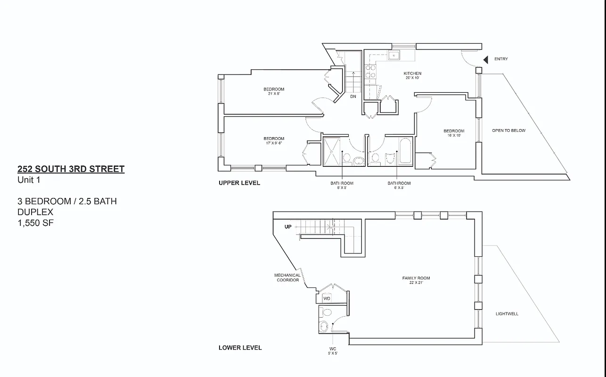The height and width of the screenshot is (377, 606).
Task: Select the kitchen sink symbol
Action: [x=393, y=56]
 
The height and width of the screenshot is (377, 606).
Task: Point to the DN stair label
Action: [x=353, y=97]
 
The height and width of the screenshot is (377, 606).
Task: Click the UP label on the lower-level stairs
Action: [x=288, y=227]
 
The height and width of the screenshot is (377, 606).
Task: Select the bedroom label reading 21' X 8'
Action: [x=274, y=91]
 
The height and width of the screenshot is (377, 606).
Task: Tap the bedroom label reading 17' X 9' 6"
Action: [x=274, y=140]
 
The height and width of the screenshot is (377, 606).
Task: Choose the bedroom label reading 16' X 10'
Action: [x=453, y=133]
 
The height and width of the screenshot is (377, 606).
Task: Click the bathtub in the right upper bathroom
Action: [x=405, y=151]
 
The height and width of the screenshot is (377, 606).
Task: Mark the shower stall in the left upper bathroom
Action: [x=332, y=151]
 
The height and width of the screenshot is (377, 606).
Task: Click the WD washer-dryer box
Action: [x=327, y=299]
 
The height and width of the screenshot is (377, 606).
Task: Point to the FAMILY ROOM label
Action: [x=416, y=280]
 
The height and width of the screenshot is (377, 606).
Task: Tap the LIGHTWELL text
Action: [x=507, y=314]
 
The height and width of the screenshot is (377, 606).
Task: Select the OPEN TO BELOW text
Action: [x=508, y=131]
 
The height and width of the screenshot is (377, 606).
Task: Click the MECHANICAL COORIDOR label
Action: [x=287, y=278]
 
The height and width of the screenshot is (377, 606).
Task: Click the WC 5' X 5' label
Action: [x=333, y=351]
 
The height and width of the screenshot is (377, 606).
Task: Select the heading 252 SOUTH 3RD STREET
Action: [x=71, y=169]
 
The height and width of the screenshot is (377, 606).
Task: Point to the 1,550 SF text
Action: [x=36, y=223]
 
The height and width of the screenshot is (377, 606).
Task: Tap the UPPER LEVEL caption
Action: [x=239, y=183]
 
